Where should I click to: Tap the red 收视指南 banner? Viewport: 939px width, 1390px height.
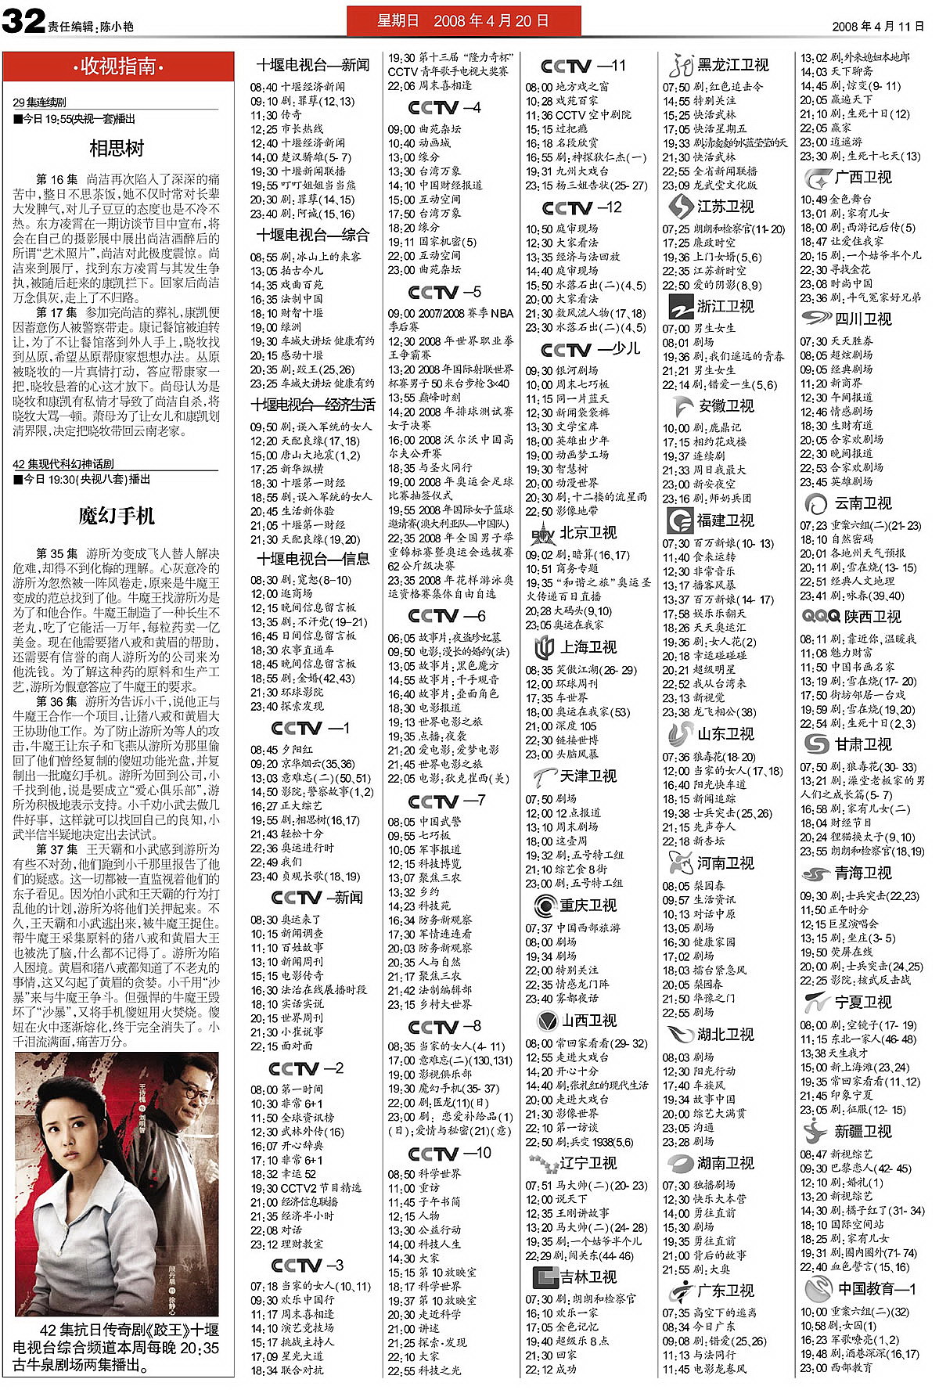(x=118, y=67)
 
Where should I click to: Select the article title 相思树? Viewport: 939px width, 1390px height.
(x=117, y=148)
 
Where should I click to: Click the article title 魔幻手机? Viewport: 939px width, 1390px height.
(x=117, y=516)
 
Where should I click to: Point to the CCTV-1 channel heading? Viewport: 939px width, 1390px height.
(x=311, y=728)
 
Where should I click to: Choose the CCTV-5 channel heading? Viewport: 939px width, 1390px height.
(x=444, y=292)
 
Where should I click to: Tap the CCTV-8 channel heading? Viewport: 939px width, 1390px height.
(x=444, y=1026)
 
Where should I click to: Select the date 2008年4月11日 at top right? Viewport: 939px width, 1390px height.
(x=877, y=26)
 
